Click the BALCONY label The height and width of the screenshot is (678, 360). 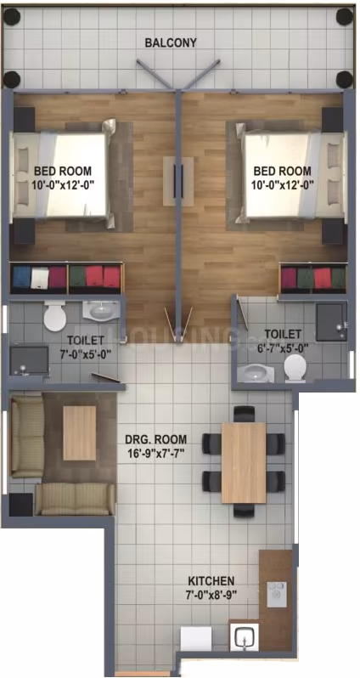click(x=171, y=42)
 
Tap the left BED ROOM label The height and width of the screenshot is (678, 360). click(x=63, y=170)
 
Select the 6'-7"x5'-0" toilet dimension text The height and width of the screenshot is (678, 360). click(x=283, y=347)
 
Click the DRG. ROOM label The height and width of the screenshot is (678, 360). click(x=156, y=440)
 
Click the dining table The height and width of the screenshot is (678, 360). click(x=244, y=463)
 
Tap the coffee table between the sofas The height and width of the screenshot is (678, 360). click(x=80, y=432)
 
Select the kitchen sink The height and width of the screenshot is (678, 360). click(x=245, y=637)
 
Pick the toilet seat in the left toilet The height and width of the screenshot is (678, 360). click(x=55, y=317)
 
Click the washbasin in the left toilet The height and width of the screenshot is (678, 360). click(x=101, y=310)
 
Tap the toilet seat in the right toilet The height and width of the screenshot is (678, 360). click(x=295, y=368)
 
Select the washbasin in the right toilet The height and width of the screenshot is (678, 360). click(x=256, y=373)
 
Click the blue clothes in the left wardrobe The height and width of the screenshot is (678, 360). click(x=21, y=277)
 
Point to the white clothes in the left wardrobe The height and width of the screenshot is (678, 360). click(x=39, y=278)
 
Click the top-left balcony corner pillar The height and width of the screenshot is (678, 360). click(x=12, y=17)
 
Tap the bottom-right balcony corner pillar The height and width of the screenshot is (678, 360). click(x=345, y=79)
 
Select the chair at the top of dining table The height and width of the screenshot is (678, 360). click(x=245, y=414)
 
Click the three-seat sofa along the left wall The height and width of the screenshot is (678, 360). click(x=28, y=437)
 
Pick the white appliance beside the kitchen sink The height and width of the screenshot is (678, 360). click(x=196, y=638)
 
